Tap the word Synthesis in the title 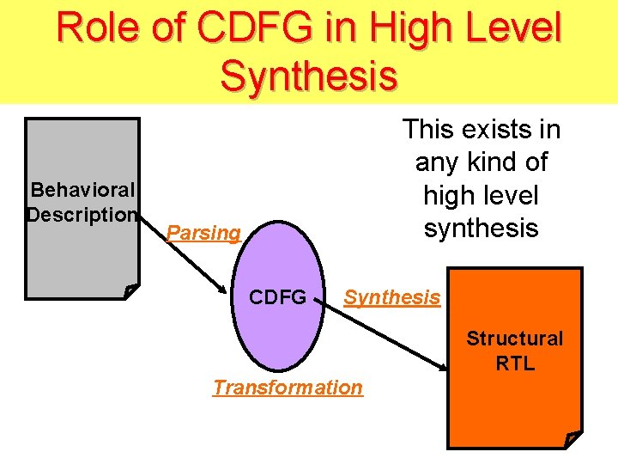click(x=309, y=75)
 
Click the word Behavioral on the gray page click(x=82, y=189)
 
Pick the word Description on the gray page click(x=82, y=214)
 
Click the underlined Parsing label click(x=203, y=233)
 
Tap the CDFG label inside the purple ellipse click(x=277, y=297)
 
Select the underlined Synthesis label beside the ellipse click(x=392, y=297)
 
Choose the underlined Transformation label click(x=288, y=388)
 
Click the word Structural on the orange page click(x=515, y=339)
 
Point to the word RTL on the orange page click(x=515, y=363)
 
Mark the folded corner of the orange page click(x=573, y=440)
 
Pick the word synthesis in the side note click(x=481, y=228)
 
